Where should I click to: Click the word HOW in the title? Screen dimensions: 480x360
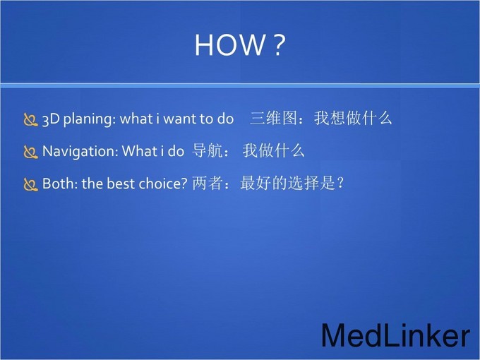pos(230,44)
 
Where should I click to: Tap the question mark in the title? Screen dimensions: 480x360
pos(279,44)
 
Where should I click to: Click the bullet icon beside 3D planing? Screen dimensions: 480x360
pos(30,120)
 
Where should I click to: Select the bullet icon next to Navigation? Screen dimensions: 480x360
pos(30,152)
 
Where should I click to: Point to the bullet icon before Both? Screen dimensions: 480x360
pos(30,185)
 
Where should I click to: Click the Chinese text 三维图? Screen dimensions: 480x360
pos(273,118)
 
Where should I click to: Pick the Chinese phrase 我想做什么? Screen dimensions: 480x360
pos(353,118)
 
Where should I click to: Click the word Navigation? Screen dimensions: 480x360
pos(80,151)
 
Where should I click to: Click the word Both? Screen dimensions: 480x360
pos(59,184)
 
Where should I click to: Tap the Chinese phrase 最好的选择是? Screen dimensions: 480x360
pos(288,183)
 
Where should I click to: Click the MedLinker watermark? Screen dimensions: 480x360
pos(395,335)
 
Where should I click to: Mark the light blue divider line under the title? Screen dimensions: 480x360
pos(240,85)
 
